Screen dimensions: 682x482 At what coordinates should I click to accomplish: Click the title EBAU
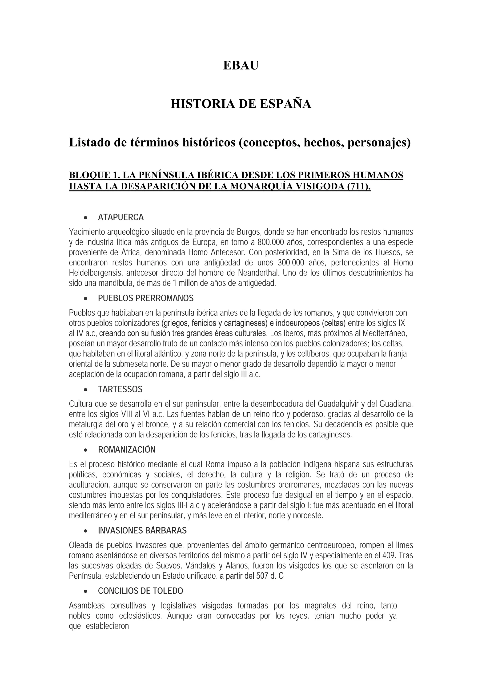(241, 66)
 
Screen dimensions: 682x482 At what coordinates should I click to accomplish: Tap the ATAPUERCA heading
(121, 217)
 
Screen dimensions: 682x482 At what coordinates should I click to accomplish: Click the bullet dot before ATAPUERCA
(86, 218)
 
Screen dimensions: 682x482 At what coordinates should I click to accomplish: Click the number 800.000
(271, 242)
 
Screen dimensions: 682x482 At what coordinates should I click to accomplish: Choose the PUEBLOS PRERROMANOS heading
(146, 298)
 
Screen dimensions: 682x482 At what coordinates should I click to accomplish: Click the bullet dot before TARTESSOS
(86, 390)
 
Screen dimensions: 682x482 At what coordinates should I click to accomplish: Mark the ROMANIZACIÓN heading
(127, 450)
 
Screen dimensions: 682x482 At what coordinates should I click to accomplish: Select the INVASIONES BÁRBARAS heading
(142, 531)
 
